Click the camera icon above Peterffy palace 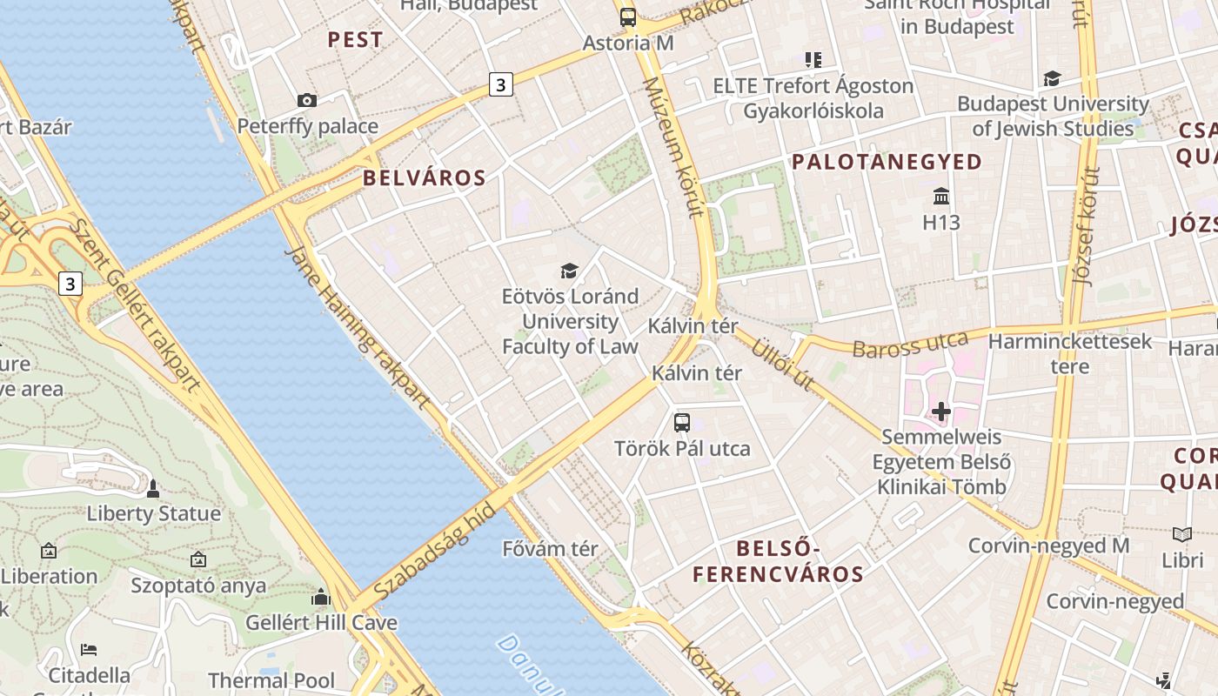tap(306, 101)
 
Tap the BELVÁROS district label tap(424, 178)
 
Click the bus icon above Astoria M tap(627, 17)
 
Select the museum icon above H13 tap(940, 196)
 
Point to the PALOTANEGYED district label tap(887, 162)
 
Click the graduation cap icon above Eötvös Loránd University tap(569, 271)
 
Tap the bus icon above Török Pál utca tap(682, 423)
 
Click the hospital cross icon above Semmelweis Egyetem tap(940, 411)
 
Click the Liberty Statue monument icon tap(153, 489)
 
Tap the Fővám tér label tap(551, 549)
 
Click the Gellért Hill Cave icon tap(321, 598)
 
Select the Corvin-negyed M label tap(1048, 545)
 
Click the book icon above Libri tap(1182, 534)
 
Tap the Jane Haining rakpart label tap(358, 326)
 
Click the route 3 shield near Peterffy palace tap(499, 84)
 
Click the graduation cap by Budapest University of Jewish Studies tap(1052, 78)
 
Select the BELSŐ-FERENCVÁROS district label tap(778, 561)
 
